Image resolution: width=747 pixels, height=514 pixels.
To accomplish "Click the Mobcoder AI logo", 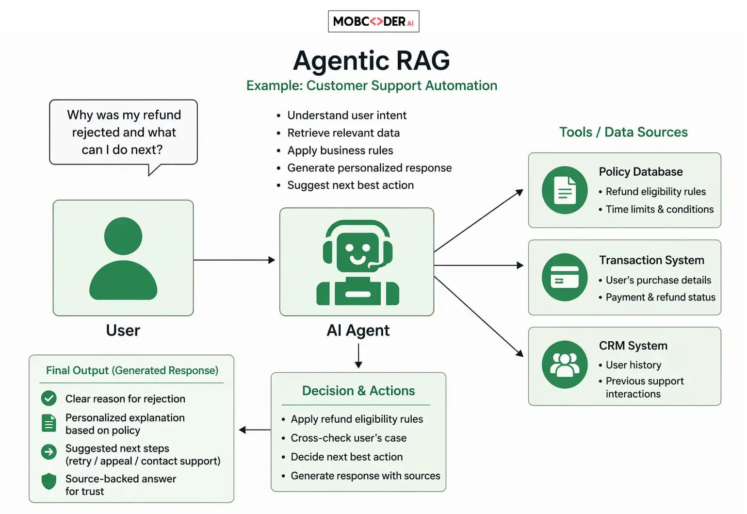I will point(373,21).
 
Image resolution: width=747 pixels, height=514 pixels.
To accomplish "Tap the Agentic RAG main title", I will point(372,61).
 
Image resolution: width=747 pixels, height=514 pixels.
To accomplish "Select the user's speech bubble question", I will point(124,132).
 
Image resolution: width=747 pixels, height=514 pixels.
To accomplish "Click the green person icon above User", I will point(123,258).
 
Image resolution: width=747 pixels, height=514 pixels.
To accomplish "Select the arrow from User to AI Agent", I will point(234,260).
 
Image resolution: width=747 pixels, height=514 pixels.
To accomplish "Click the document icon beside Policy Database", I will point(565,190).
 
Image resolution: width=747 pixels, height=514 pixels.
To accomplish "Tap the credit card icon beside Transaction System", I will point(565,277).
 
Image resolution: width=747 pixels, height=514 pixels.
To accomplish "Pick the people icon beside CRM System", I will point(565,365).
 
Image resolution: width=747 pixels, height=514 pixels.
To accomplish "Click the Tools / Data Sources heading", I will point(623,132).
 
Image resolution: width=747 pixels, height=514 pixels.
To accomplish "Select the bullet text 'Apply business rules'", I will point(340,150).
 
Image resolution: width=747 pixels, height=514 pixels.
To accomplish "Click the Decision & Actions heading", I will point(358,391).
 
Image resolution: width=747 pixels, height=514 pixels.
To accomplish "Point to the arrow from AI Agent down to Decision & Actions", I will point(358,356).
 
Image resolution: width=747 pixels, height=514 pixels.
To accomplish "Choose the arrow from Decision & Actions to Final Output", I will point(255,430).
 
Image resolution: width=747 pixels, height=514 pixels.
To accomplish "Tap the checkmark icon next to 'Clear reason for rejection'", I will point(49,398).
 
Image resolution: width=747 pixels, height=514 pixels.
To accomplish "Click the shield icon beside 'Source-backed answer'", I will point(49,481).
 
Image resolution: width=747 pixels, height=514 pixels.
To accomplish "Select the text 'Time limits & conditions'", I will point(660,209).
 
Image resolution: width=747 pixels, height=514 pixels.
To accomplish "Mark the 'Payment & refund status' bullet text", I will point(661,297).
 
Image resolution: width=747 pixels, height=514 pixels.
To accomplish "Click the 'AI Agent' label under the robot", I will point(358,331).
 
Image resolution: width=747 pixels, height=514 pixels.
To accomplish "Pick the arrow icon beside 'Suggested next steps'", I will point(49,452).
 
